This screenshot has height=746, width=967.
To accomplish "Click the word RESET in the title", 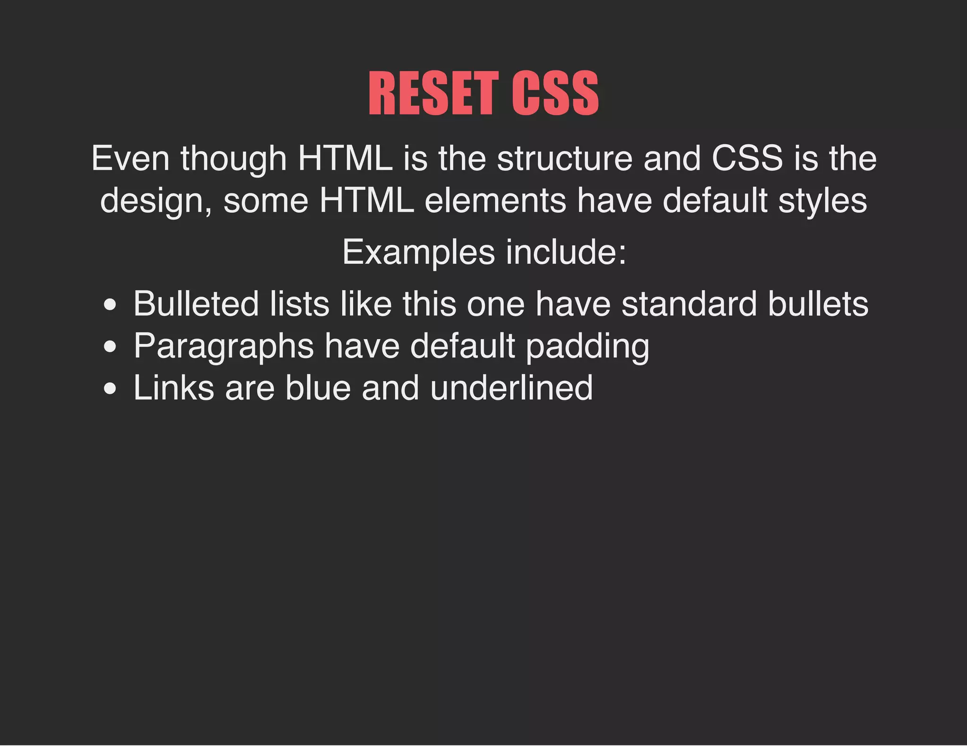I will click(433, 93).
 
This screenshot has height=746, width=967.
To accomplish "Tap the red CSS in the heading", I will click(555, 93).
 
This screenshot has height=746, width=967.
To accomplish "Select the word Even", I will click(130, 159).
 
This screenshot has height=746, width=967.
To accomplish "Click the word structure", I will click(565, 159).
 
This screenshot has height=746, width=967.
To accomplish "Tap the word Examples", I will click(418, 253).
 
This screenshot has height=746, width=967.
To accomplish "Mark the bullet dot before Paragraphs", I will click(110, 348).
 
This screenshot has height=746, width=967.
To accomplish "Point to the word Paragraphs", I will click(223, 347).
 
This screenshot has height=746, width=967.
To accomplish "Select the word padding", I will click(587, 347).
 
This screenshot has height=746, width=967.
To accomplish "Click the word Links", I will click(174, 388).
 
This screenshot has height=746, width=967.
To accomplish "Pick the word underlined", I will click(511, 388).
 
